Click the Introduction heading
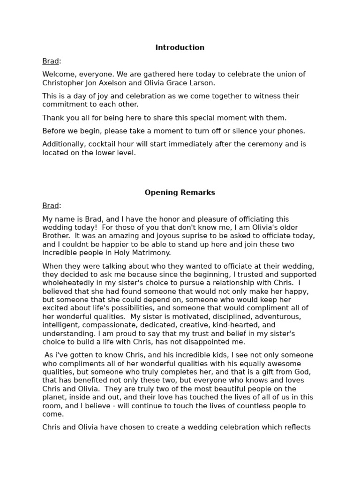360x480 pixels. coord(180,47)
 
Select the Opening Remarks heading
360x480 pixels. coord(180,192)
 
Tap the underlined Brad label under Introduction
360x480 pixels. coord(51,61)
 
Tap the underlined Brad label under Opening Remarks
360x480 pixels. coord(51,206)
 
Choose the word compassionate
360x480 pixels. coord(110,325)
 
